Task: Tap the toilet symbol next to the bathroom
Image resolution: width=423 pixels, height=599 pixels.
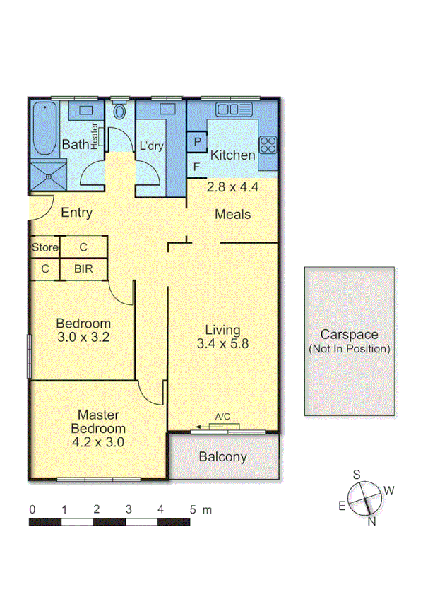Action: point(119,111)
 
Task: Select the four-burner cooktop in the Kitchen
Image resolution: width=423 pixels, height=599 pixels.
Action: point(268,145)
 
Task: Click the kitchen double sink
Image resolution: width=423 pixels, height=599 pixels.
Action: point(233,109)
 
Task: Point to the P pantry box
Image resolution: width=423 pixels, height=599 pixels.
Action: point(196,141)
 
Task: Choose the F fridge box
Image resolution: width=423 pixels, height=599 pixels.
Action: point(196,167)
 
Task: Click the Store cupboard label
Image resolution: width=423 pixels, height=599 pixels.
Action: point(44,247)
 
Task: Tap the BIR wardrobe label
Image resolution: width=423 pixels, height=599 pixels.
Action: point(83,268)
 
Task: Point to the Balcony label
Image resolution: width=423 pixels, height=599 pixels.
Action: point(222,457)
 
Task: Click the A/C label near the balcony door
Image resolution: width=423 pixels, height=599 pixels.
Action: point(222,417)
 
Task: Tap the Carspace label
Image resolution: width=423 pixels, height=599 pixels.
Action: point(350,335)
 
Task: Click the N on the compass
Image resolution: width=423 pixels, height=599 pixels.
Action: point(371,522)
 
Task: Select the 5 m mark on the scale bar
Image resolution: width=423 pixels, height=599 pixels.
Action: point(192,509)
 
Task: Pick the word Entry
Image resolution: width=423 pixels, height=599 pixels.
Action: point(77,213)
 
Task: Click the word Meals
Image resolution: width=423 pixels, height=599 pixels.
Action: point(233,214)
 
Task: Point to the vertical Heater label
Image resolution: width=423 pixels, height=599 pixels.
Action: point(95,134)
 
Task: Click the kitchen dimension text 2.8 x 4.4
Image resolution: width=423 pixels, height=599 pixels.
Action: point(233,188)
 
